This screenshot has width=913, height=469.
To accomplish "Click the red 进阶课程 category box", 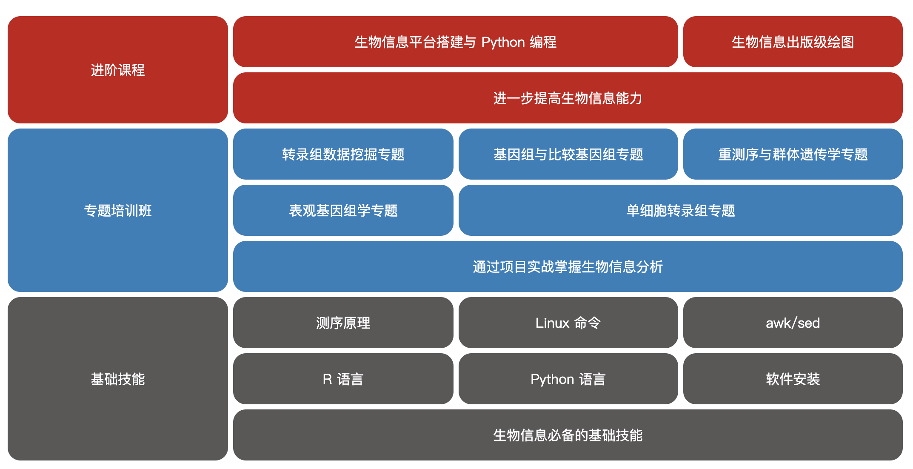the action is pyautogui.click(x=118, y=70).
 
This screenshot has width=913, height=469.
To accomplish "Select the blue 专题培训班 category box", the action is pyautogui.click(x=118, y=210).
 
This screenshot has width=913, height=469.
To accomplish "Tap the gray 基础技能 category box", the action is pyautogui.click(x=118, y=379).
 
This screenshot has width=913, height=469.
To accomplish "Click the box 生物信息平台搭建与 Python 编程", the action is pyautogui.click(x=456, y=42).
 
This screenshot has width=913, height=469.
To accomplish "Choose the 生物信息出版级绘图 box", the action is pyautogui.click(x=793, y=42).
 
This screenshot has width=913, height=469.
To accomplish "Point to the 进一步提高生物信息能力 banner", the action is pyautogui.click(x=568, y=98).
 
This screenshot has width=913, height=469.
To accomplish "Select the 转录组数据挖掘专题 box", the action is pyautogui.click(x=343, y=154).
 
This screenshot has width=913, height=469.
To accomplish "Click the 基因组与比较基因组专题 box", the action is pyautogui.click(x=568, y=154).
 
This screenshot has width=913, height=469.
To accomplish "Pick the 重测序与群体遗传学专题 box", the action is pyautogui.click(x=793, y=154).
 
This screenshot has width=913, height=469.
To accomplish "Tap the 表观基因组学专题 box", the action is pyautogui.click(x=343, y=210).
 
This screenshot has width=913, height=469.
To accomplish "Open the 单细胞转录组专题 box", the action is pyautogui.click(x=681, y=210).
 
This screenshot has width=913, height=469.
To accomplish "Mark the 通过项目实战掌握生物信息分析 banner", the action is pyautogui.click(x=568, y=266).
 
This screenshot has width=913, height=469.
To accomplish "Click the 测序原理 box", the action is pyautogui.click(x=343, y=323).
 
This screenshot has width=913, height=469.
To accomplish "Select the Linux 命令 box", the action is pyautogui.click(x=568, y=323).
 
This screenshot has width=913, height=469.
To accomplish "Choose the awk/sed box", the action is pyautogui.click(x=793, y=323).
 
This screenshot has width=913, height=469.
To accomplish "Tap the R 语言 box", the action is pyautogui.click(x=343, y=379).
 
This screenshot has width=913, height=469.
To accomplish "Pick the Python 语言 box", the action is pyautogui.click(x=568, y=379).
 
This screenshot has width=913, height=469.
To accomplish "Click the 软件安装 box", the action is pyautogui.click(x=793, y=379).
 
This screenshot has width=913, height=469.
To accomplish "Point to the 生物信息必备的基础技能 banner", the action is pyautogui.click(x=568, y=435).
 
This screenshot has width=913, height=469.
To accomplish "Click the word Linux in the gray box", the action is pyautogui.click(x=552, y=323).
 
